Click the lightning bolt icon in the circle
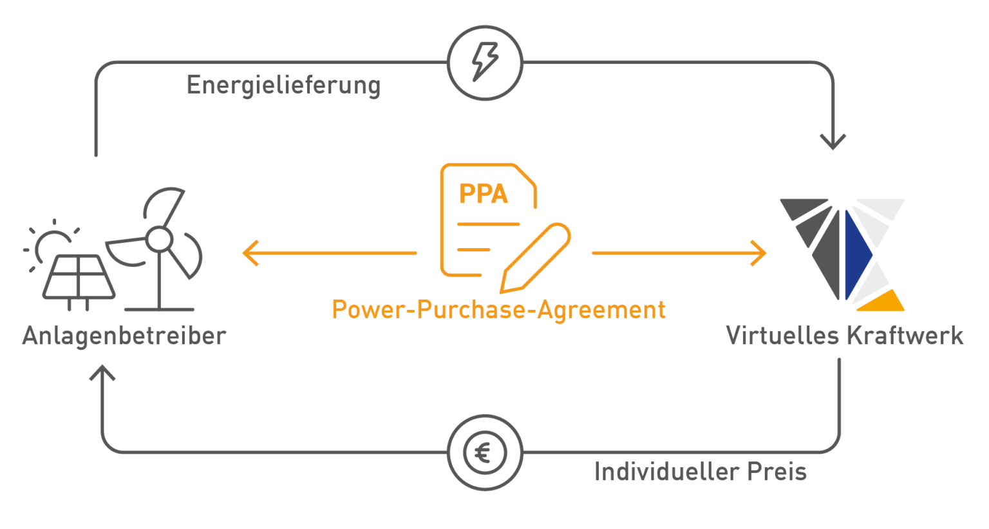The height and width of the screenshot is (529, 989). (x=485, y=63)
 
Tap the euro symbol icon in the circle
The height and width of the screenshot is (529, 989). (x=485, y=453)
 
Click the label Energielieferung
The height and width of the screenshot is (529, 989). (x=283, y=85)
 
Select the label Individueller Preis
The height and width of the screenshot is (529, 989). (x=700, y=472)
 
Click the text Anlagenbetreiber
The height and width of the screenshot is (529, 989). (x=124, y=336)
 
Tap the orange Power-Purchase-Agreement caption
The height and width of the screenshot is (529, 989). (x=498, y=309)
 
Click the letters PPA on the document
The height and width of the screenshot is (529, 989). (x=483, y=194)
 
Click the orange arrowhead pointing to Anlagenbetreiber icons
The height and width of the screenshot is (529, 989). (x=250, y=253)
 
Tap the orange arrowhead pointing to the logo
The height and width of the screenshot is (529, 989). (x=760, y=253)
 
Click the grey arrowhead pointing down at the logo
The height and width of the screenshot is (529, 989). (x=833, y=142)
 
